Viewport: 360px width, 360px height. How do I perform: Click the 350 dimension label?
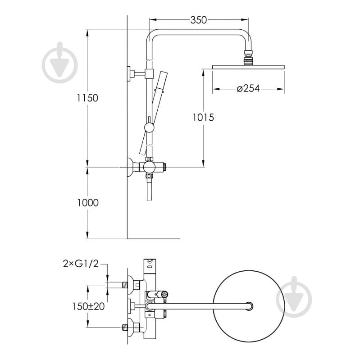click(199, 20)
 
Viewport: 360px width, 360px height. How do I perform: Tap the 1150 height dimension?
click(87, 98)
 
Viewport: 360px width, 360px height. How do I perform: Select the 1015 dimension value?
click(203, 117)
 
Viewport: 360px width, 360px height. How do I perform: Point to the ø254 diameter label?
click(248, 88)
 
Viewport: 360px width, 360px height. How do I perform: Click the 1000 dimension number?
click(88, 203)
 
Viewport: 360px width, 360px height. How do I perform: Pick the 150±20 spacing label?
click(88, 306)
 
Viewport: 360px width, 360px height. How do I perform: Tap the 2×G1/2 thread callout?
click(81, 264)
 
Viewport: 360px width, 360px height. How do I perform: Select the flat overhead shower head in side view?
click(248, 67)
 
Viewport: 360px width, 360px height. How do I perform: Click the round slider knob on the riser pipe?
click(149, 127)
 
